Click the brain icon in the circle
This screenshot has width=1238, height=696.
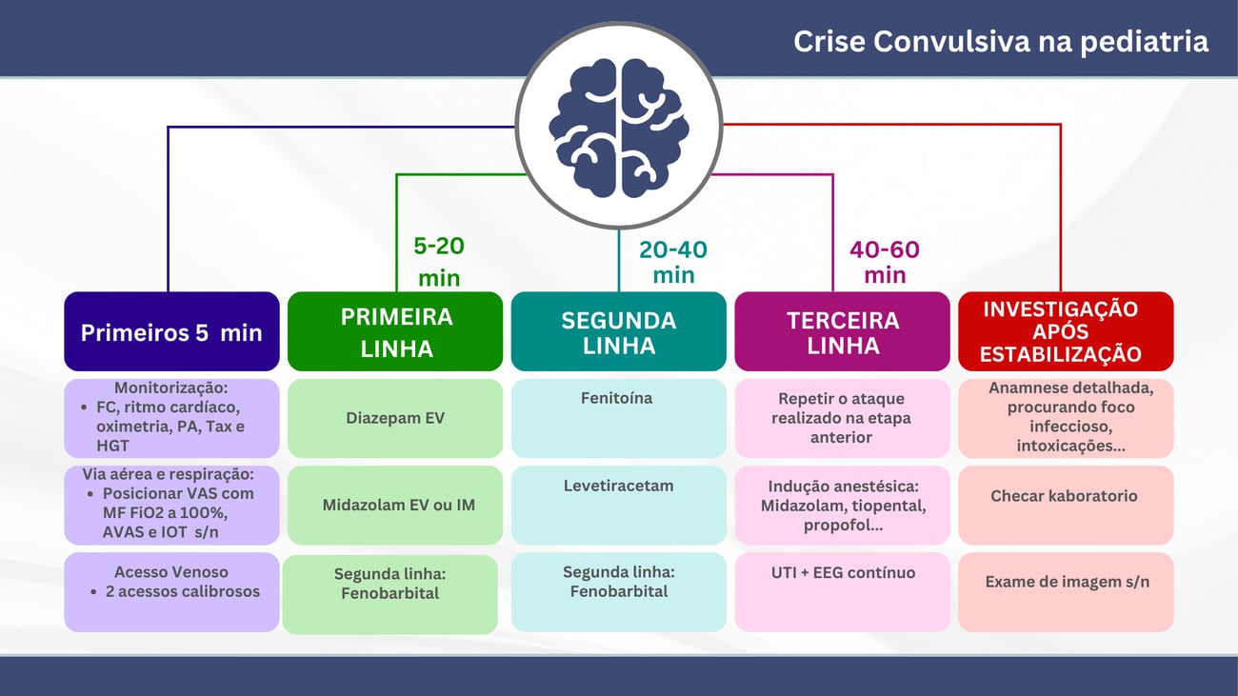[619, 125]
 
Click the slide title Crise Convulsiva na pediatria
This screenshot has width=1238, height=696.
[1001, 42]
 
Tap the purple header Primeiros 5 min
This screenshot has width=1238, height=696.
[171, 332]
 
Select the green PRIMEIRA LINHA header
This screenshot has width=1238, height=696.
[395, 332]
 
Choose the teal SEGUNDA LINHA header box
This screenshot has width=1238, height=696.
[618, 332]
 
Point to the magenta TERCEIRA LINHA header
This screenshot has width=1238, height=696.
[842, 332]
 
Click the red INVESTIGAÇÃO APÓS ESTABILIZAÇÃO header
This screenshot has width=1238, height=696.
[1065, 331]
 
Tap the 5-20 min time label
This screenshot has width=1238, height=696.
[439, 261]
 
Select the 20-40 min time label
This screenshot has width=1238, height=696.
[673, 262]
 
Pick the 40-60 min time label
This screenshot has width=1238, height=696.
[885, 262]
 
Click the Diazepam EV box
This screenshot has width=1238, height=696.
[395, 418]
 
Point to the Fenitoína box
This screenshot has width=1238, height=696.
[618, 418]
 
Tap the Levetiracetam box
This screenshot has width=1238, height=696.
[618, 505]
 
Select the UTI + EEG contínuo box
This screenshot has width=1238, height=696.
[842, 591]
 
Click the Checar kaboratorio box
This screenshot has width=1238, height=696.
[1065, 505]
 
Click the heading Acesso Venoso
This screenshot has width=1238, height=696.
[171, 572]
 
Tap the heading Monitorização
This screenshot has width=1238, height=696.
[170, 388]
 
